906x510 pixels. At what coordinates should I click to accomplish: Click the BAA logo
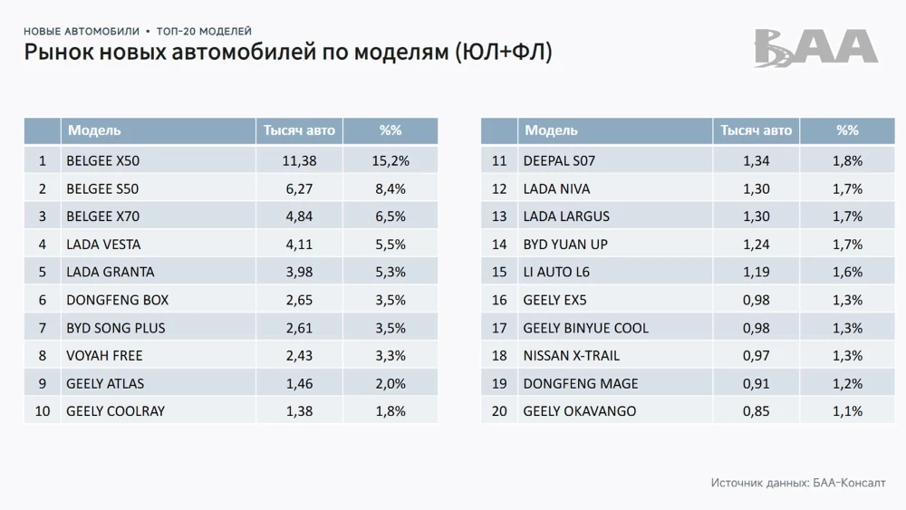coord(815,48)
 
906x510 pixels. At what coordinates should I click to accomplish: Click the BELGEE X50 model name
coord(103,161)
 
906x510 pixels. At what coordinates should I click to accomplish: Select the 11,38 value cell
coord(299,161)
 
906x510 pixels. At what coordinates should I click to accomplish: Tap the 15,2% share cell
coord(390,161)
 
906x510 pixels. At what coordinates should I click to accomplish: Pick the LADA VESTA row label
coord(103,245)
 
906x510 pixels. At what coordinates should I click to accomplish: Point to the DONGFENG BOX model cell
coord(118,300)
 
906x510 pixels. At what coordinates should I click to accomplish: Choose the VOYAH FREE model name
coord(104,355)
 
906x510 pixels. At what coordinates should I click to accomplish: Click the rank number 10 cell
coord(43,411)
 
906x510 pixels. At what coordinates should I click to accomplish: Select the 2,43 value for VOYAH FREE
coord(299,355)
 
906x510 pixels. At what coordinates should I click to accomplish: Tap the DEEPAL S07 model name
coord(559,161)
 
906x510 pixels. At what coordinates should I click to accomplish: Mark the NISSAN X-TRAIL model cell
coord(572,355)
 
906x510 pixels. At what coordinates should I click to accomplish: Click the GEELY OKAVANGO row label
coord(580,411)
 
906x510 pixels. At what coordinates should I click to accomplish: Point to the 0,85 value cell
coord(756,411)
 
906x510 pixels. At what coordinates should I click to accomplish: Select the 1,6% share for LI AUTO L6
coord(847,272)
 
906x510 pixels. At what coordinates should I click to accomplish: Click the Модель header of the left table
coord(94,130)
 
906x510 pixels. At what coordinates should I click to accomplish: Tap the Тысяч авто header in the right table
coord(756,130)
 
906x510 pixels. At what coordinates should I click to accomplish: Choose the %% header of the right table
coord(847,130)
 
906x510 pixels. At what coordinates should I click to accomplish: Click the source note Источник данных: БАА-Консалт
coord(798,483)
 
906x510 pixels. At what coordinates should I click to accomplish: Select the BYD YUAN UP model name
coord(565,245)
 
